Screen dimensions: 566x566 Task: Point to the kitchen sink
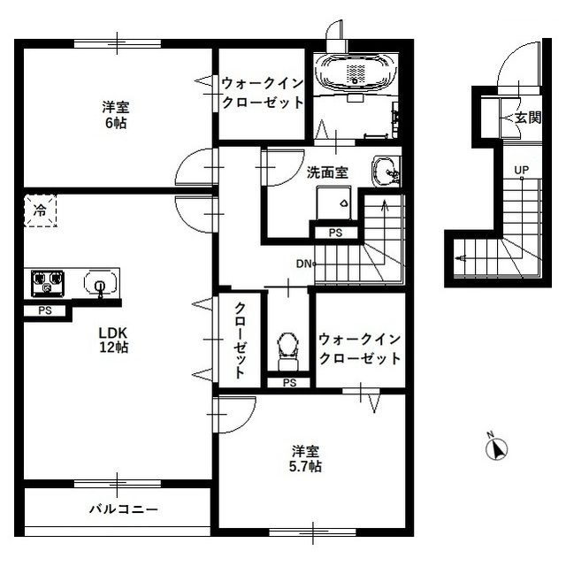tap(100, 284)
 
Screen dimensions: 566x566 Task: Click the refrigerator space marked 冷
tap(40, 211)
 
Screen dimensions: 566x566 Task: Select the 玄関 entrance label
tap(528, 118)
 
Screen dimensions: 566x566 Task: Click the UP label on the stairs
tap(523, 171)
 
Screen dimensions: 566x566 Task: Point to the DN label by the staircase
tap(302, 264)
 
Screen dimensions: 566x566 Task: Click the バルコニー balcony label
tap(123, 510)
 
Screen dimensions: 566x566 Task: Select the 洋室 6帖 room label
tap(114, 115)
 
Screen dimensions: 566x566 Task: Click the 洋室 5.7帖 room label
tap(307, 457)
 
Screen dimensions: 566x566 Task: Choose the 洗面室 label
tap(327, 172)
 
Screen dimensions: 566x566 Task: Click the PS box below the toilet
tap(289, 382)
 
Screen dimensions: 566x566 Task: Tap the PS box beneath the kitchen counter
tap(44, 310)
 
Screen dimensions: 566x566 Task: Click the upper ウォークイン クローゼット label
tap(263, 93)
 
